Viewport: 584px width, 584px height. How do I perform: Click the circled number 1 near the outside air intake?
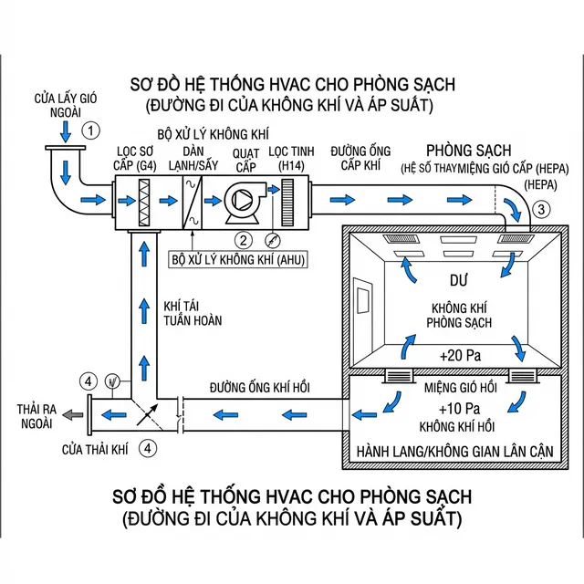pyautogui.click(x=90, y=130)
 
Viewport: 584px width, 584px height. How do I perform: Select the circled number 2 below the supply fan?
pyautogui.click(x=243, y=240)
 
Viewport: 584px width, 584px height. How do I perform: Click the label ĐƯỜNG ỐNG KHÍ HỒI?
pyautogui.click(x=259, y=389)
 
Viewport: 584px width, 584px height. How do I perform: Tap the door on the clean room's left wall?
pyautogui.click(x=363, y=305)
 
